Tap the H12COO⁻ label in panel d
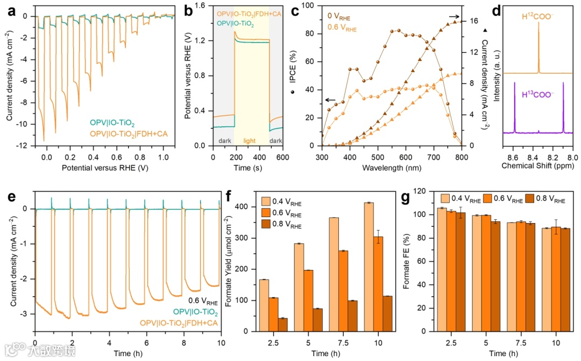point(539,16)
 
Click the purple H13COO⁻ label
point(539,95)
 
